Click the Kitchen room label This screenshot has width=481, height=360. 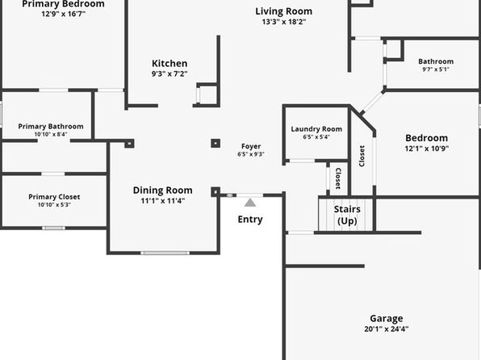(169, 64)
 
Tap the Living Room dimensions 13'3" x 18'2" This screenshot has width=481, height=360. (284, 22)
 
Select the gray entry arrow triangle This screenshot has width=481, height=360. (250, 203)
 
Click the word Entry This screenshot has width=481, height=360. (250, 220)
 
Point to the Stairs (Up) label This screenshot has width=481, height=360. (347, 216)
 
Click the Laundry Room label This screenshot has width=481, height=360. (316, 129)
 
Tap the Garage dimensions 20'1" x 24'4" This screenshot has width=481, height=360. (387, 329)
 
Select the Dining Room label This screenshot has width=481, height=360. (162, 190)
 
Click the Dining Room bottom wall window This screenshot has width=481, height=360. (165, 253)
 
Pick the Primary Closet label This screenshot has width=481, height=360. (54, 197)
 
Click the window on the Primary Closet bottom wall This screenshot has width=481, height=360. (54, 228)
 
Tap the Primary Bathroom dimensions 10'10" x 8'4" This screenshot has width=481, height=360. (51, 134)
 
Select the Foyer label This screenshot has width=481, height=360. (251, 146)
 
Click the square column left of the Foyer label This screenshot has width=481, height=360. (215, 144)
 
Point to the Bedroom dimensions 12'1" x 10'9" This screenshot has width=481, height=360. (426, 149)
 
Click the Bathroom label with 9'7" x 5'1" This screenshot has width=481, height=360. (436, 61)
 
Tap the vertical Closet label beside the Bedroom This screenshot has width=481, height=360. (362, 156)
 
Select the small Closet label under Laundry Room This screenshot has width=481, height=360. (338, 178)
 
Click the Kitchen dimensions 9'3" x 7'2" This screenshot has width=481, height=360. (169, 74)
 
